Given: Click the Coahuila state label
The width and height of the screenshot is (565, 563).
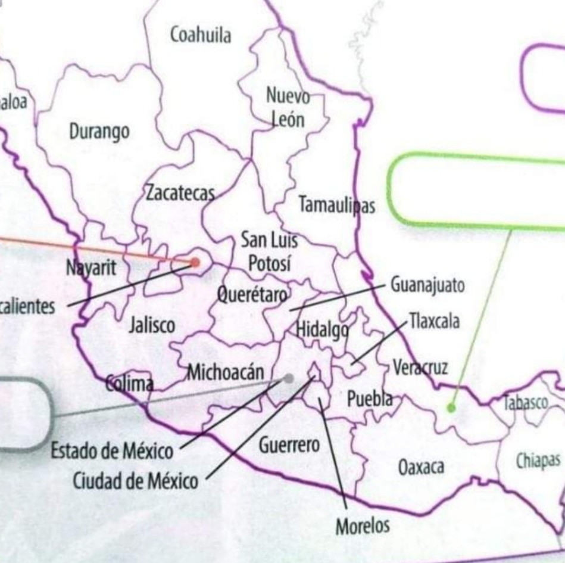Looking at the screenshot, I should (x=201, y=35).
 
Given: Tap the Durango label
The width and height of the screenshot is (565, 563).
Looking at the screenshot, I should (x=99, y=132).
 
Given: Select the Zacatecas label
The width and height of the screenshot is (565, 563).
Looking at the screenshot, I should (x=179, y=194).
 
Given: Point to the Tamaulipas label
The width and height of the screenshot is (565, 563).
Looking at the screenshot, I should (x=336, y=206).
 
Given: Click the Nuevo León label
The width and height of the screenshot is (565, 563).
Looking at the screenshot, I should (x=288, y=108).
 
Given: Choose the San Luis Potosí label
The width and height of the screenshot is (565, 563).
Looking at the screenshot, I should (x=269, y=252).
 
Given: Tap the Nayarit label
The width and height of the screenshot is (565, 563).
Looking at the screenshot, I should (x=91, y=269).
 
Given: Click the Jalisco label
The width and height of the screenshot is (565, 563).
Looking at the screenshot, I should (x=152, y=325).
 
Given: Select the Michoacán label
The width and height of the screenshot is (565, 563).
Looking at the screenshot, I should (x=226, y=373).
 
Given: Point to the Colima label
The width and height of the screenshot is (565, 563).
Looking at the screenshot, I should (x=129, y=383).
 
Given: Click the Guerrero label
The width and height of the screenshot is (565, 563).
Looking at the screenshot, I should (x=289, y=444).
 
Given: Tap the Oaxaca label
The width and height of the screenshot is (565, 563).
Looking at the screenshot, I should (x=422, y=467).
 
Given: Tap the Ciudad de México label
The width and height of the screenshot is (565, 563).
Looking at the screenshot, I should (x=136, y=480).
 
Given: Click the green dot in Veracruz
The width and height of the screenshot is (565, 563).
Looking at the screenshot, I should (x=451, y=408).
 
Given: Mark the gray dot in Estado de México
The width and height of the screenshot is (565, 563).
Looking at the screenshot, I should (x=289, y=378).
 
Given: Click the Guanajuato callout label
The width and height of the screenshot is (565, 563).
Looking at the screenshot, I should (x=427, y=286).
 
